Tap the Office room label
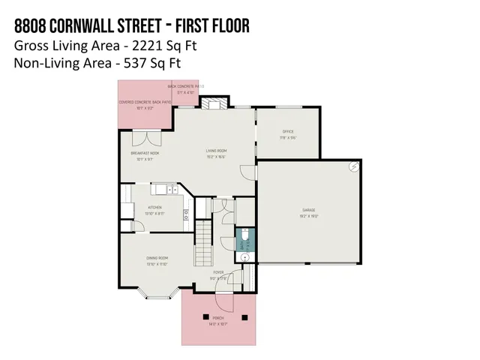click(x=288, y=132)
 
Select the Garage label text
click(x=309, y=210)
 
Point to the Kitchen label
click(x=154, y=208)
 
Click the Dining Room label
click(x=157, y=259)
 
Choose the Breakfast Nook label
click(x=145, y=153)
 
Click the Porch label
click(x=218, y=318)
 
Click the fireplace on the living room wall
click(x=214, y=104)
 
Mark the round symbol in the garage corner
click(x=352, y=169)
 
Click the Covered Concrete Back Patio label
click(x=145, y=101)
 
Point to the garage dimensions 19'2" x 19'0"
click(x=309, y=216)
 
